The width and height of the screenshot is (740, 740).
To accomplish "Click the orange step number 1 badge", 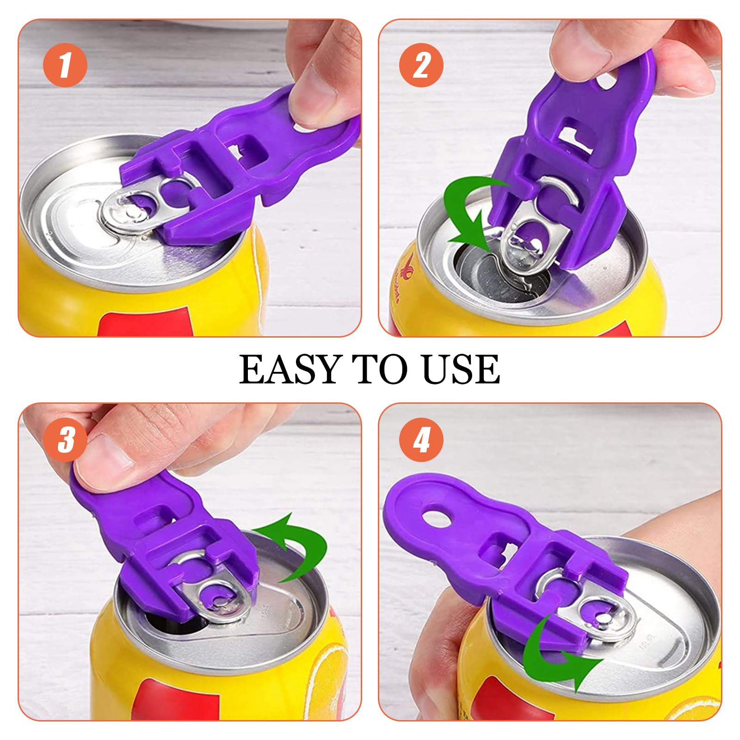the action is click(x=65, y=65).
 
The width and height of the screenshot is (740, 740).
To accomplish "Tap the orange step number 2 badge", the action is click(x=421, y=65).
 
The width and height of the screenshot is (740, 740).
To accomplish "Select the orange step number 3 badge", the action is click(x=65, y=439).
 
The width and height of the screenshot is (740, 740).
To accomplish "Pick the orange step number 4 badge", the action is click(x=421, y=439).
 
